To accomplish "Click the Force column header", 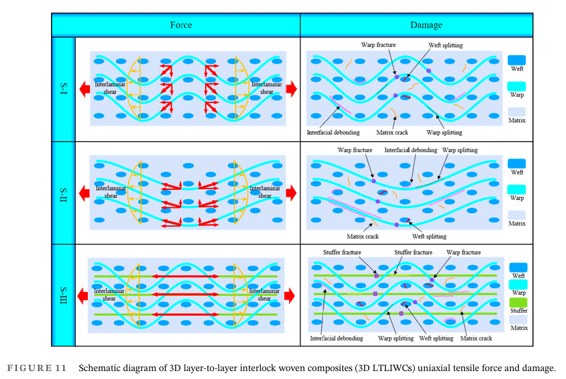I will [181, 25].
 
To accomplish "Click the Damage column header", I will [426, 25].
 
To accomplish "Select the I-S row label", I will [63, 89].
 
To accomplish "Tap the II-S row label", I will [63, 193].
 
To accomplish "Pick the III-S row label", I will [63, 295].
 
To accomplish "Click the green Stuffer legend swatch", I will [518, 303].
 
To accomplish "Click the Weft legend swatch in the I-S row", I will [516, 60].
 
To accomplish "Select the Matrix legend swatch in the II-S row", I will [516, 215].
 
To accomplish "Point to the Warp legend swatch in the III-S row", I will [518, 285].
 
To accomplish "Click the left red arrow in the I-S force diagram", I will [84, 88].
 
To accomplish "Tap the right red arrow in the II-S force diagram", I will [291, 193].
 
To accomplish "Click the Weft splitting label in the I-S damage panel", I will [445, 45].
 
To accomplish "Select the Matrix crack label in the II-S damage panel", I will [363, 236].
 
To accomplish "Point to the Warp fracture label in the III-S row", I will [463, 252].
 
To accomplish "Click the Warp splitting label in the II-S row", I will [459, 150].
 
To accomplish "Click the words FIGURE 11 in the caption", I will [36, 368].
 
